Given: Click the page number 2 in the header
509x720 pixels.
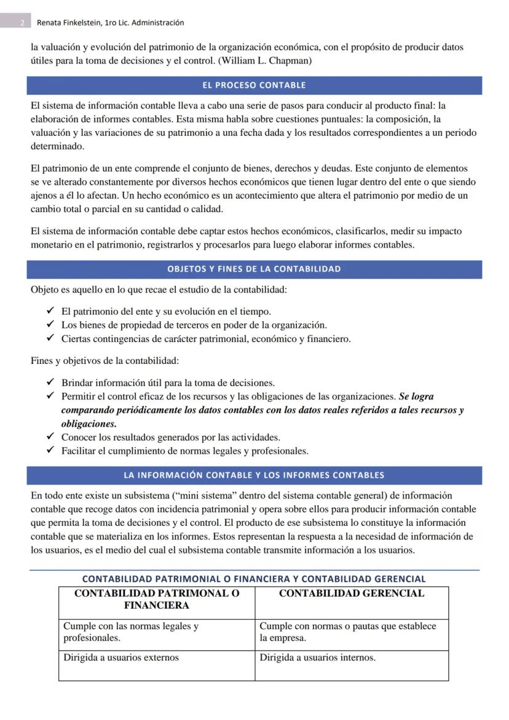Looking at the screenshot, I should point(22,23).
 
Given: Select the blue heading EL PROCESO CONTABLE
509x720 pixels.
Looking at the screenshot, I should point(254,85).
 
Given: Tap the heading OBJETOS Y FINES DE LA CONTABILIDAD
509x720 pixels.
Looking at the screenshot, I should point(254,269).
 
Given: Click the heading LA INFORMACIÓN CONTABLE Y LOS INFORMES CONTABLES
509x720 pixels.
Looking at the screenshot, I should point(254,475).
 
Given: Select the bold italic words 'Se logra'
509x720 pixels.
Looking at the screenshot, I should point(416,397).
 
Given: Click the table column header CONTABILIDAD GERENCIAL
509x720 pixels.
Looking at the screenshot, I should point(351,593).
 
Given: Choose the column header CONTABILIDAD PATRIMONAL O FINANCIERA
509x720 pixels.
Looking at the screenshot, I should point(156,599).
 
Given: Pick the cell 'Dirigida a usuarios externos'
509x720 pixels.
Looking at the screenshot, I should point(121,657).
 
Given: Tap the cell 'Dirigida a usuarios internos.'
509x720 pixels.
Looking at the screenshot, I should point(317,657).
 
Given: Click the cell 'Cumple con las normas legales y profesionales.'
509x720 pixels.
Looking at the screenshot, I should point(131,632).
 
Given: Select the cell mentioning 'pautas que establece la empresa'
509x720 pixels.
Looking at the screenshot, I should point(347,632).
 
